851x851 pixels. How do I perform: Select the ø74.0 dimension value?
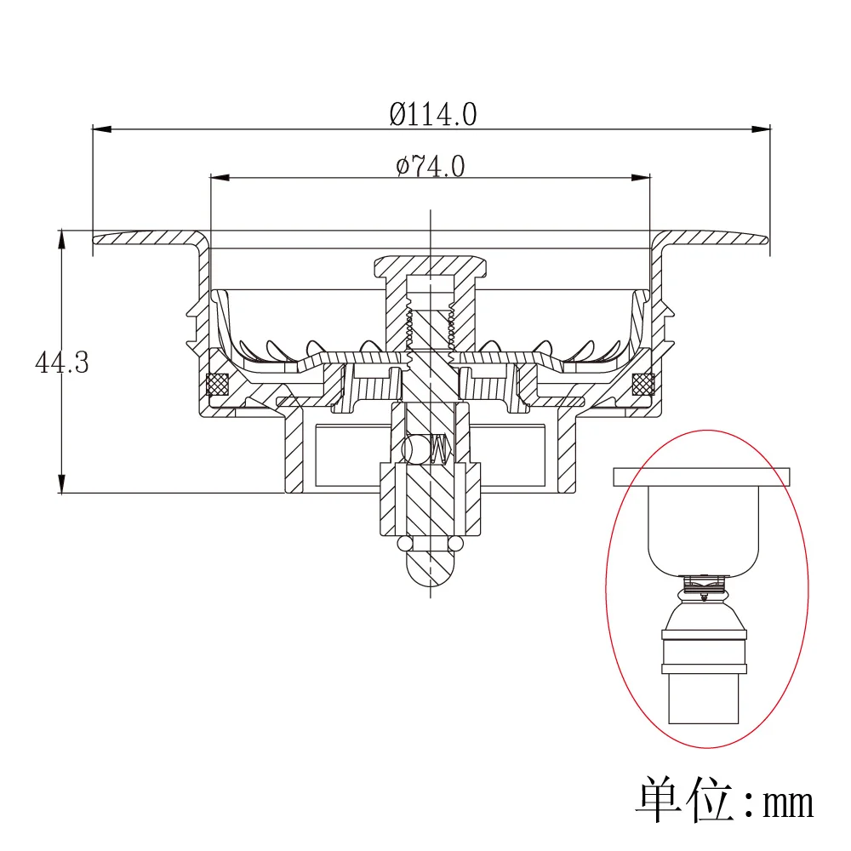431,166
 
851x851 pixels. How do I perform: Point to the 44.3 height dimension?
61,363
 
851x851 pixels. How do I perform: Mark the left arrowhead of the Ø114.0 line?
101,129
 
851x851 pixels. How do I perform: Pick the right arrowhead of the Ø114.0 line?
761,129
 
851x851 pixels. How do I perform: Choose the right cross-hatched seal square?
643,385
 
